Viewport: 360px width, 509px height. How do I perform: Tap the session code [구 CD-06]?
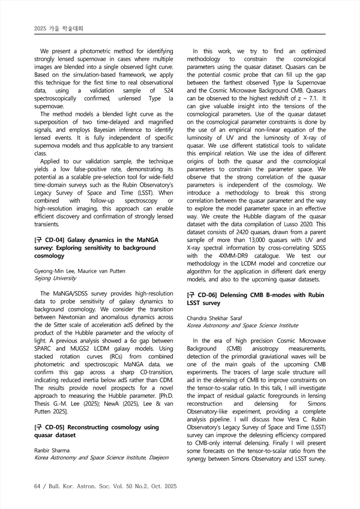[203, 295]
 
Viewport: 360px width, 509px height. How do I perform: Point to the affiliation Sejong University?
[55, 279]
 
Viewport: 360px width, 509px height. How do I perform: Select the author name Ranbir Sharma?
[53, 450]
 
